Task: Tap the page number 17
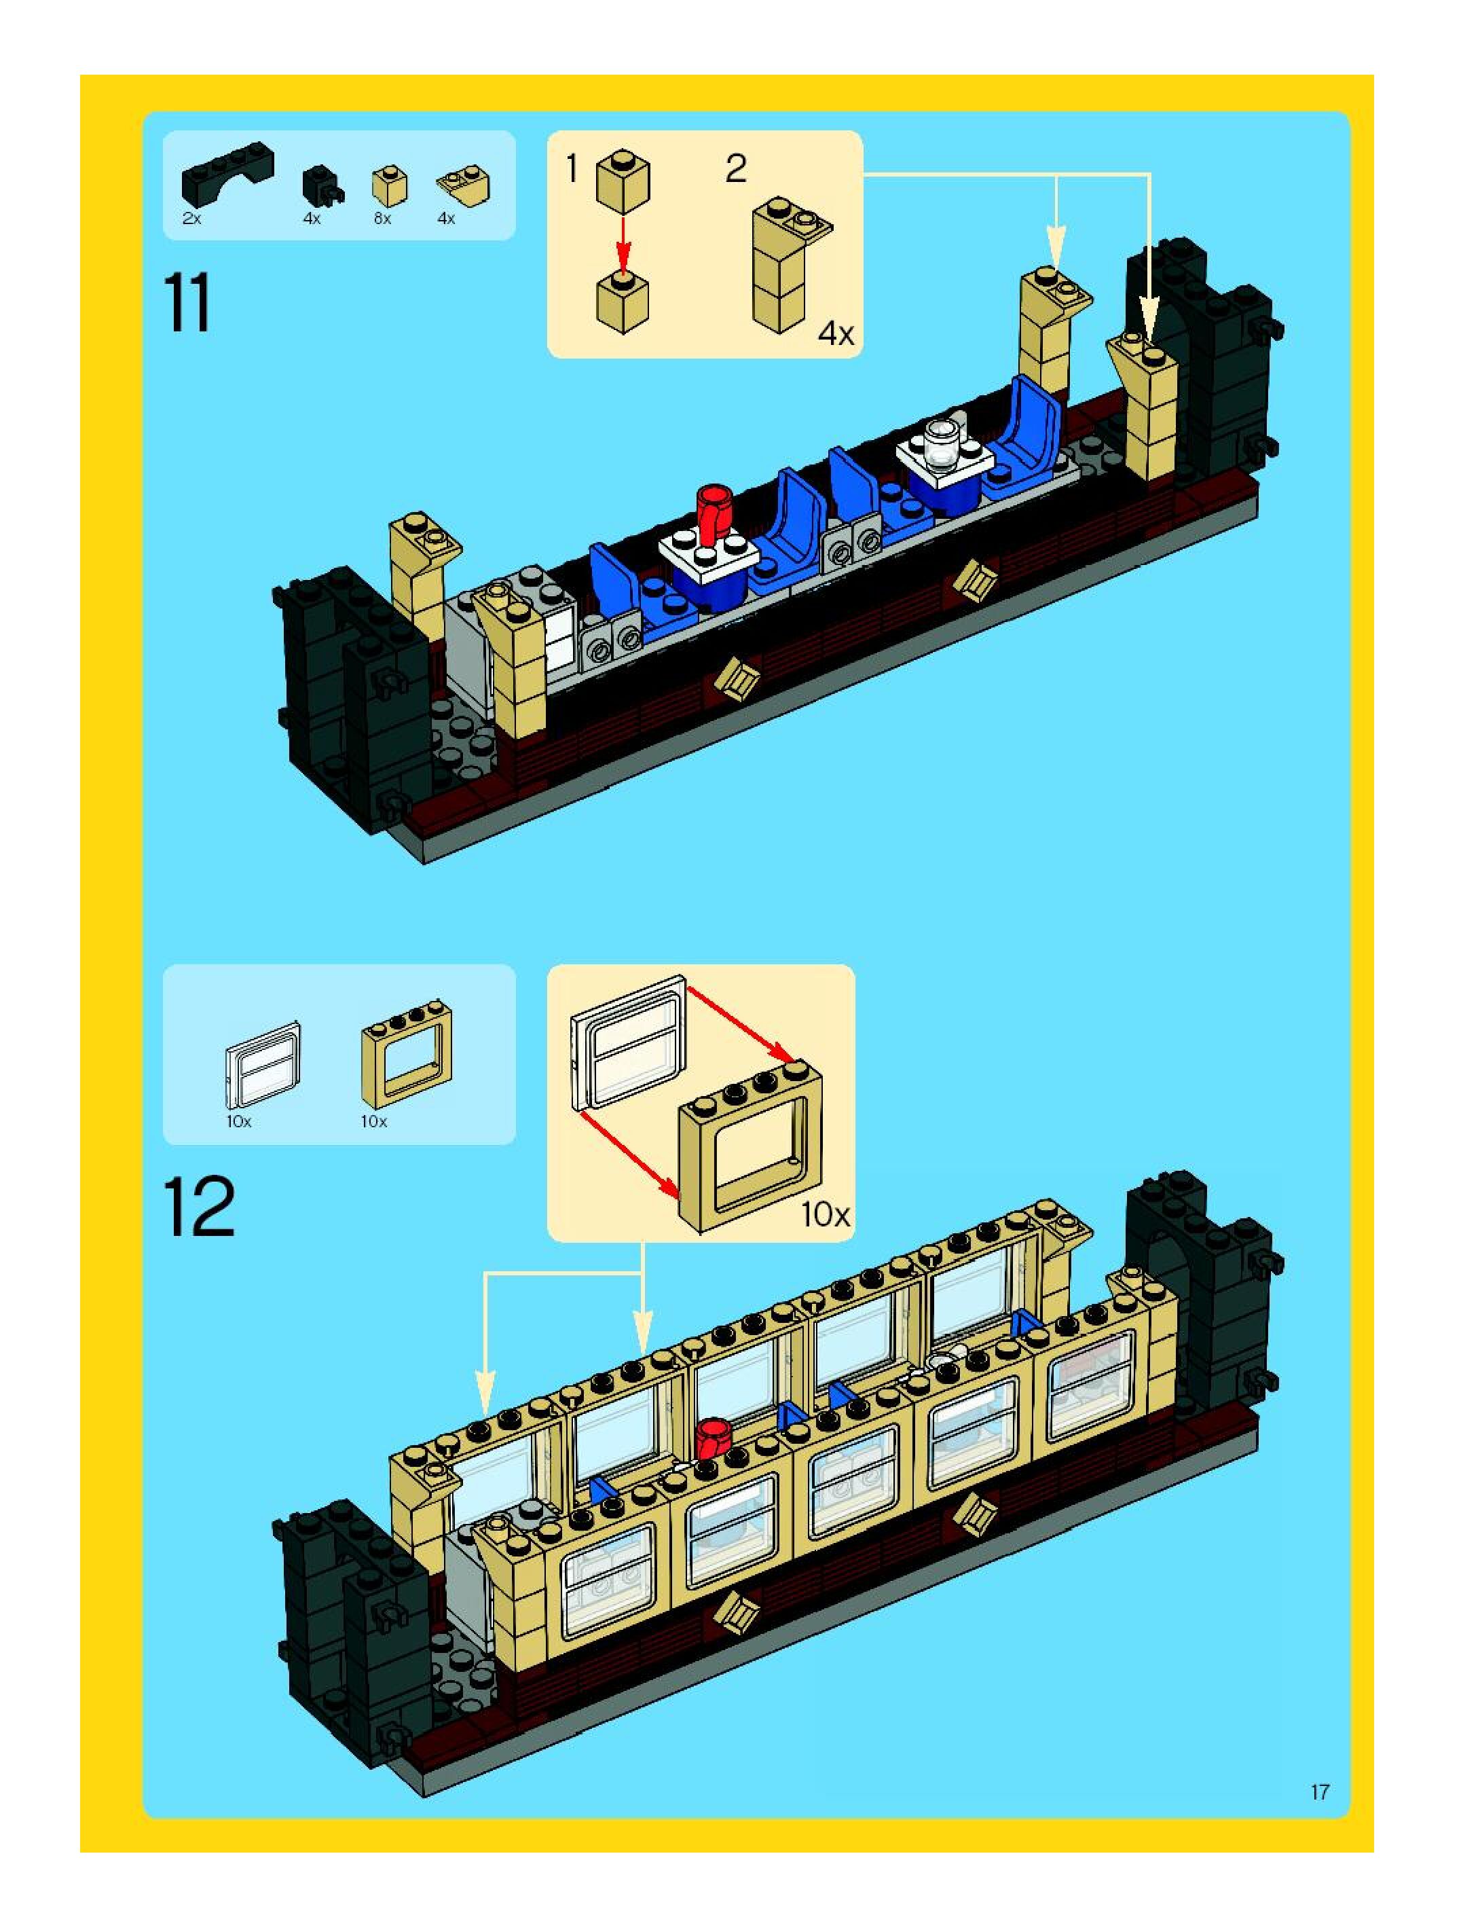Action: pos(1319,1792)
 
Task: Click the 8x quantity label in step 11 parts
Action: pos(382,219)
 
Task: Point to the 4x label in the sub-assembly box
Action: pos(836,333)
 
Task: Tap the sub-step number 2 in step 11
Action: pos(735,168)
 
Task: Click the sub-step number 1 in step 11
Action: pos(572,168)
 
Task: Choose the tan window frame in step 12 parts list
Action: pos(407,1053)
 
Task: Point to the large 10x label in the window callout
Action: pos(825,1214)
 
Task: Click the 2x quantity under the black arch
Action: pos(192,219)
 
